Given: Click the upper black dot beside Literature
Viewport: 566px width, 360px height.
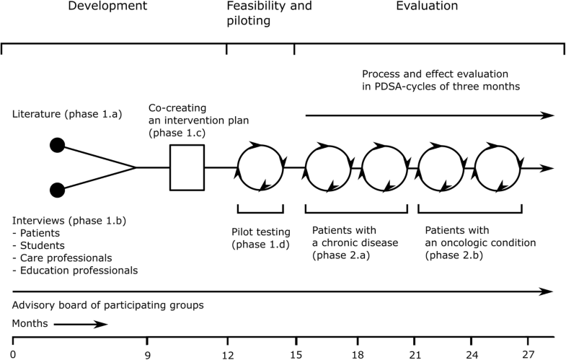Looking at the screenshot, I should click(x=57, y=146).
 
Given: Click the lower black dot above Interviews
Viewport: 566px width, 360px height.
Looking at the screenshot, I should click(x=57, y=190).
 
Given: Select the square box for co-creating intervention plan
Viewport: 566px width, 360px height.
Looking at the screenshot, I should click(x=187, y=167).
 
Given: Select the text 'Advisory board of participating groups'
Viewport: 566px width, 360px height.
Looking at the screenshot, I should click(x=108, y=305).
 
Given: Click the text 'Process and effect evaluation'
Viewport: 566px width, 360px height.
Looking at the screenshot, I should click(x=435, y=74).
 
